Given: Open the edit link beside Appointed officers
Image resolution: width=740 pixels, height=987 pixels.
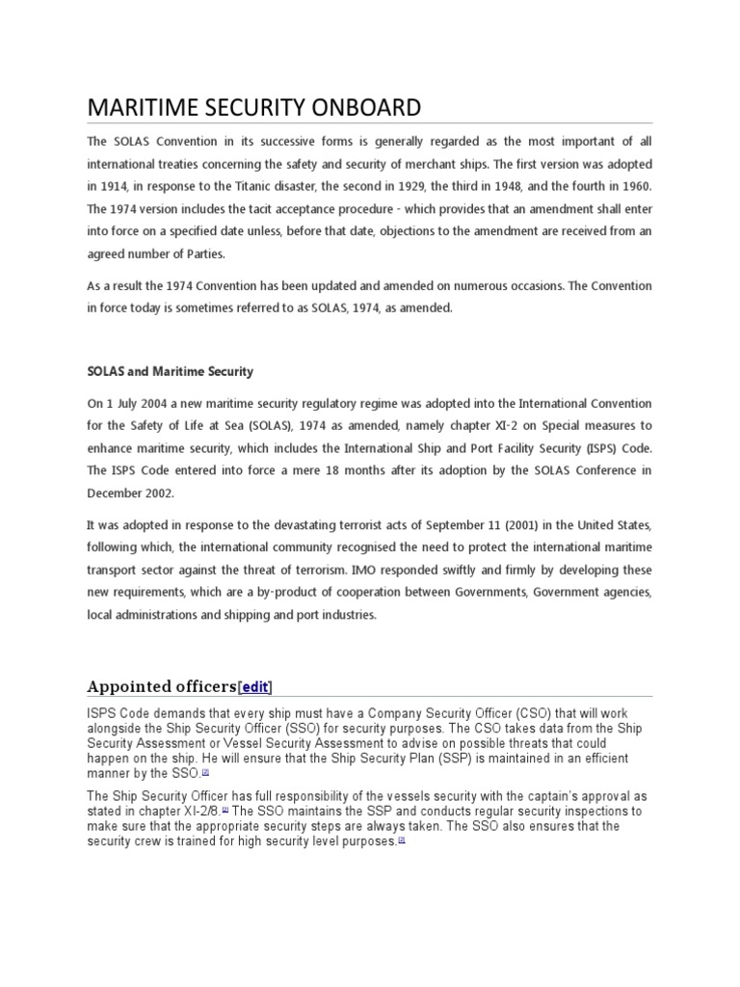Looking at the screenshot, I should pos(255,687).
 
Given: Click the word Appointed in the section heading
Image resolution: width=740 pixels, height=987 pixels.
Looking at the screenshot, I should pos(124,687).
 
